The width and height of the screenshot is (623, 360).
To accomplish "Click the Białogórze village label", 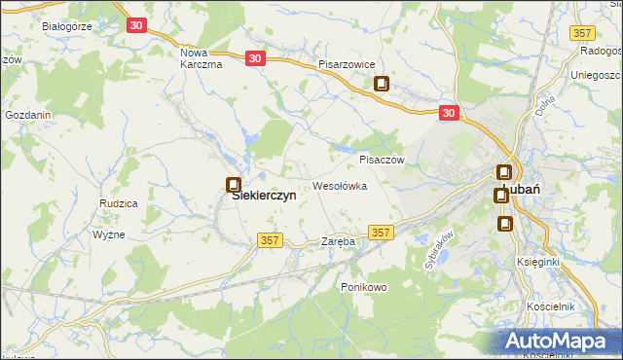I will click(60, 26).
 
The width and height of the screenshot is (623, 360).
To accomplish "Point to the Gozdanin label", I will click(28, 115).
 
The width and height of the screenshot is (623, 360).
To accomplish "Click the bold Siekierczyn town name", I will click(263, 195).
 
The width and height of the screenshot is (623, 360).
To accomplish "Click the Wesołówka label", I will click(339, 185).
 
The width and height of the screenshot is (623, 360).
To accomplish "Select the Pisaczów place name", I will click(381, 160).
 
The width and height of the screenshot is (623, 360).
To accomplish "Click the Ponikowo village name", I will click(364, 287).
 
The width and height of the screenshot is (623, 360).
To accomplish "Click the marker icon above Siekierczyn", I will click(233, 184).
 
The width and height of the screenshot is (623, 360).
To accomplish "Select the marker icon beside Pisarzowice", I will click(383, 84).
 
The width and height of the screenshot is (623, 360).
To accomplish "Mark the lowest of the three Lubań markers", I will click(505, 224).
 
